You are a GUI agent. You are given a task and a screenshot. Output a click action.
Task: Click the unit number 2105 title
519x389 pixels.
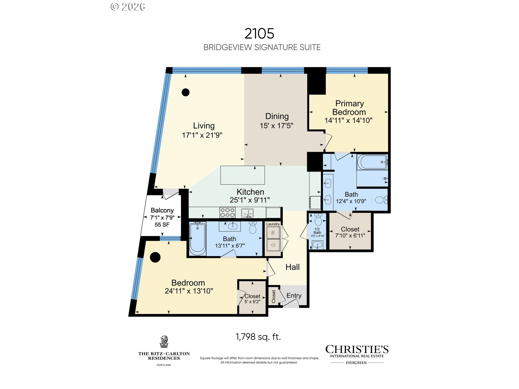[x=259, y=33]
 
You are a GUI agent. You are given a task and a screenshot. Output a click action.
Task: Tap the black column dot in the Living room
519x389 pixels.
[x=185, y=92]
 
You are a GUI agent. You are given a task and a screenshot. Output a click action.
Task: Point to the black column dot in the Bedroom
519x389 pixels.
[x=155, y=257]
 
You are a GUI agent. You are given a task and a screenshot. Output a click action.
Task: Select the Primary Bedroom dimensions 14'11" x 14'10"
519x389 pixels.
[x=348, y=120]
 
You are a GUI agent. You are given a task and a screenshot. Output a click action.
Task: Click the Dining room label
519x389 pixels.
[x=277, y=116]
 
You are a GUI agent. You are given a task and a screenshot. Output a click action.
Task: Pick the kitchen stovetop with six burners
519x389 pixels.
[x=227, y=213]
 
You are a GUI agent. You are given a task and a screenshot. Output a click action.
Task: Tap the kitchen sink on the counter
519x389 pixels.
[x=247, y=213]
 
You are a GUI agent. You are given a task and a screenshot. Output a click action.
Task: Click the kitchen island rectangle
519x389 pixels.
[x=242, y=175]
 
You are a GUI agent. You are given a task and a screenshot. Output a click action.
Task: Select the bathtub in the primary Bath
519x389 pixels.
[x=372, y=162]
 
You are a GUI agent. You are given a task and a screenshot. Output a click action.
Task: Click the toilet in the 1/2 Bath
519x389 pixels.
[x=318, y=219]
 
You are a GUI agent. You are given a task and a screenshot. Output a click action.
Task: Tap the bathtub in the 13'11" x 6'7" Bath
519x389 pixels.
[x=197, y=239]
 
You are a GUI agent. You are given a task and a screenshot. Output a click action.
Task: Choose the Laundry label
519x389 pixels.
[x=273, y=224]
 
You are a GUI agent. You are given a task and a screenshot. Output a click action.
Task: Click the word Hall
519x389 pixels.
[x=292, y=267]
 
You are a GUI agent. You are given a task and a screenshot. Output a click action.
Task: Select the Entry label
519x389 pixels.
[x=294, y=296]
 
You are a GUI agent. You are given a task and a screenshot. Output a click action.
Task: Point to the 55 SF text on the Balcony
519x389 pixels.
[x=162, y=225]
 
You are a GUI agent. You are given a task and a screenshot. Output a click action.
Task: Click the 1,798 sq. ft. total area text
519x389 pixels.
[x=258, y=337]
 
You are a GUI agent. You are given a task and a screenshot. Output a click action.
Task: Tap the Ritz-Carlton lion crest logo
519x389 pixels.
[x=164, y=342]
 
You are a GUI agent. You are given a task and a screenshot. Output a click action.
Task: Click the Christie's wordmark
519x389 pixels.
[x=357, y=349]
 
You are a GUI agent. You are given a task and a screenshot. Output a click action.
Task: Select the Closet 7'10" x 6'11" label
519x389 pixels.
[x=350, y=232]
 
